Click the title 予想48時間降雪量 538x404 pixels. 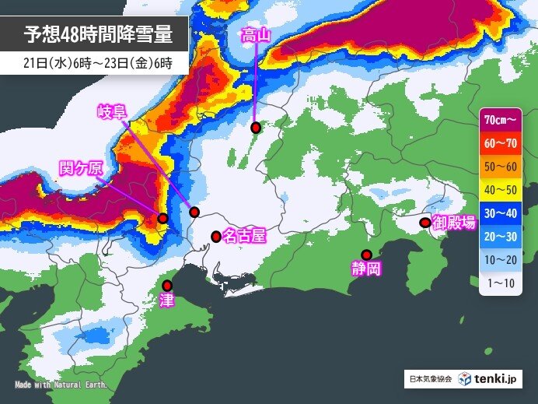pos(95,35)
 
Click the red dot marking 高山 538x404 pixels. pos(255,127)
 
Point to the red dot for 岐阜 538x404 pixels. pos(194,212)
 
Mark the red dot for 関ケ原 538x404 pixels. pos(162,219)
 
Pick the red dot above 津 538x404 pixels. pos(167,285)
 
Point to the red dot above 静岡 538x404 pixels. pos(367,254)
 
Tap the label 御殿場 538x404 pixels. pos(453,223)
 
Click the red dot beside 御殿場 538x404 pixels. pos(424,223)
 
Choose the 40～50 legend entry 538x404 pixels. pos(501,188)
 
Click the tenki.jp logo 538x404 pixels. pos(488,379)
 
